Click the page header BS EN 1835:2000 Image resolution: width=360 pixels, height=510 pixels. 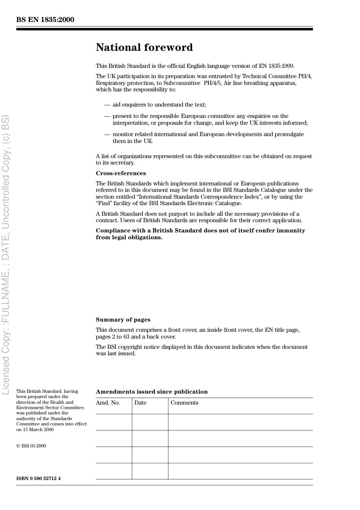pyautogui.click(x=45, y=20)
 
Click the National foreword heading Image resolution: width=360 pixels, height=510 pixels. pyautogui.click(x=144, y=47)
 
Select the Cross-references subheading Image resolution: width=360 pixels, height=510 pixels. pyautogui.click(x=121, y=173)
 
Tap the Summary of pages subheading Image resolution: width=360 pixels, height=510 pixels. pyautogui.click(x=123, y=320)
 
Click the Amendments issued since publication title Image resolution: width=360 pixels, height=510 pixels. pyautogui.click(x=152, y=392)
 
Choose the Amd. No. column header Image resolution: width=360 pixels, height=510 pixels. pyautogui.click(x=108, y=403)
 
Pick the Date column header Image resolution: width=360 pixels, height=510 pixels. pyautogui.click(x=140, y=403)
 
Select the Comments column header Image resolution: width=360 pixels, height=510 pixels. pyautogui.click(x=184, y=403)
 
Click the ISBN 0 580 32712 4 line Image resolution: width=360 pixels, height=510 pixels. pyautogui.click(x=38, y=478)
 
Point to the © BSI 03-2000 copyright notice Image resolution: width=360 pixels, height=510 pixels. pyautogui.click(x=31, y=446)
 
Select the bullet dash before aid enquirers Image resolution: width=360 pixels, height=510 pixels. pyautogui.click(x=107, y=105)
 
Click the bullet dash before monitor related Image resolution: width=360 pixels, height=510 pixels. pyautogui.click(x=107, y=135)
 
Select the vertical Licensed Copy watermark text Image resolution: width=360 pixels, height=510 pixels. pyautogui.click(x=5, y=254)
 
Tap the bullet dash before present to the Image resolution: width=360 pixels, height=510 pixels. pyautogui.click(x=107, y=116)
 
